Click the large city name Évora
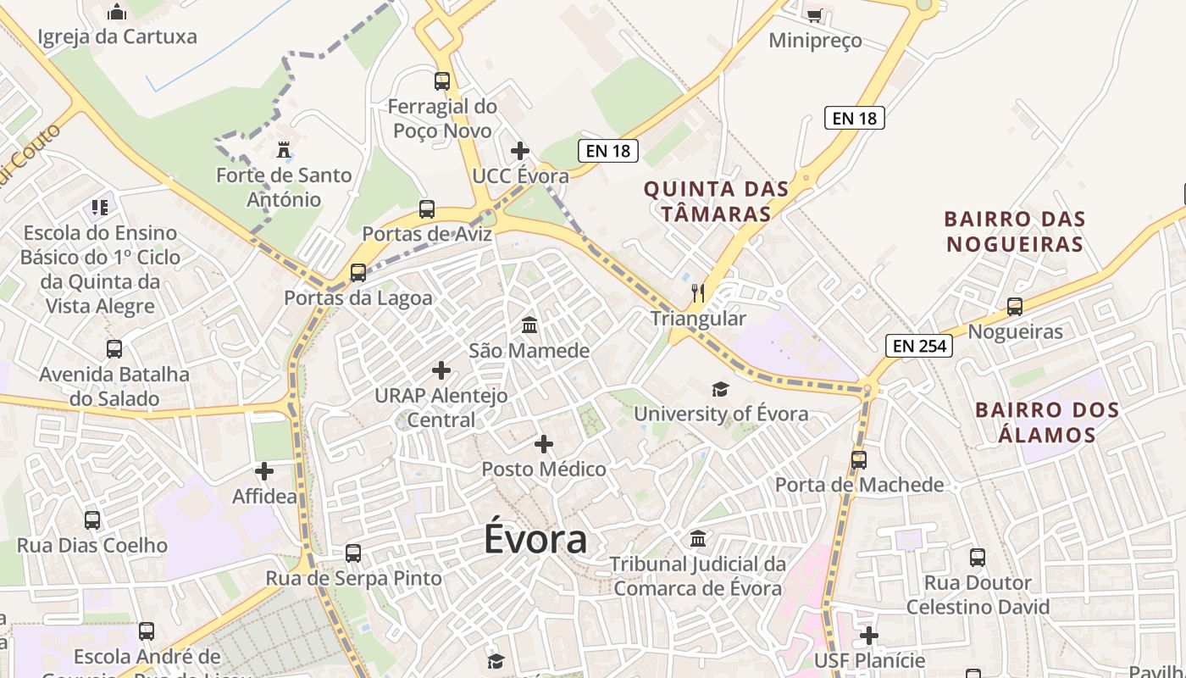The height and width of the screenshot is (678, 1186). pos(535,540)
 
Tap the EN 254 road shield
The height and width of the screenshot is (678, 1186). pos(919,346)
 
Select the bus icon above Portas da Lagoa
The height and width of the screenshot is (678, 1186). pos(358,273)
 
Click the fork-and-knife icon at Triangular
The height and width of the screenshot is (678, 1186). pos(698,293)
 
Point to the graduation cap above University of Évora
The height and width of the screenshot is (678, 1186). pos(720,389)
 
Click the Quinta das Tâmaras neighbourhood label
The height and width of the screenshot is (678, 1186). pos(716,201)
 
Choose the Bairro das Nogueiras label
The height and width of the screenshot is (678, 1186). pos(1015,231)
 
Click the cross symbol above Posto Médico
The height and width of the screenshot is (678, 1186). pos(544,444)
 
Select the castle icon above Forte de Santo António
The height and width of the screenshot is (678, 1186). pos(284,151)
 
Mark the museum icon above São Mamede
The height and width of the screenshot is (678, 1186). pos(529,325)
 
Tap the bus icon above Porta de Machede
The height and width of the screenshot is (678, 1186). pos(859,460)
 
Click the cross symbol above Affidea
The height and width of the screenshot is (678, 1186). pos(264,471)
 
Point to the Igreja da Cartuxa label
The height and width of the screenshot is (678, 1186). pos(118,36)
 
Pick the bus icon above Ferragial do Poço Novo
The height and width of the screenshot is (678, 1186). pos(442,81)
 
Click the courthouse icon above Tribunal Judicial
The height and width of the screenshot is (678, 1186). pos(698,538)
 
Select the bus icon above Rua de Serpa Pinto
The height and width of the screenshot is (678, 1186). pos(353,553)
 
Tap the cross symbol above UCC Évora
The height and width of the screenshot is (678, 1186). pos(520,151)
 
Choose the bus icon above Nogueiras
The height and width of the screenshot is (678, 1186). pos(1015,307)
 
